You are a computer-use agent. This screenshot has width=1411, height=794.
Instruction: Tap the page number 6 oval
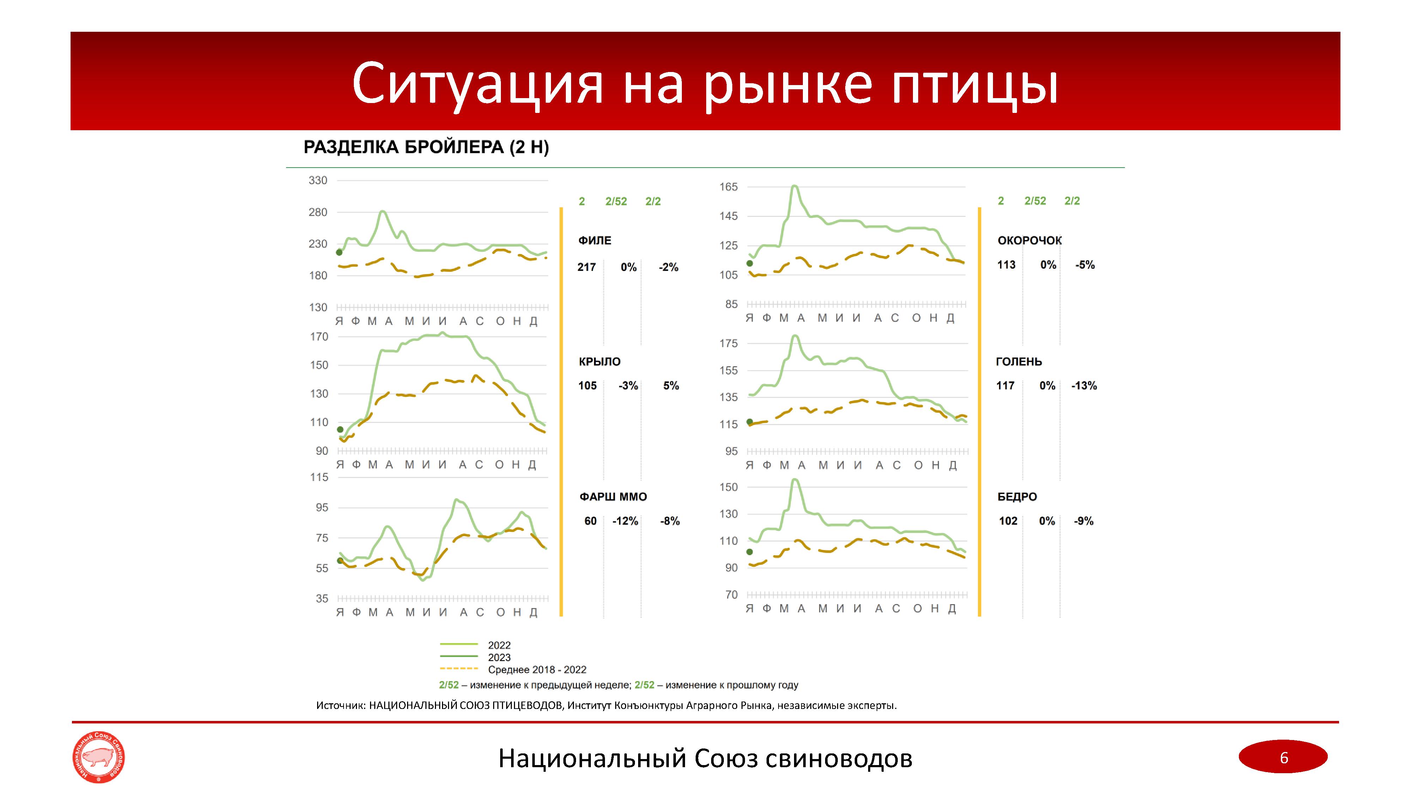tap(1283, 757)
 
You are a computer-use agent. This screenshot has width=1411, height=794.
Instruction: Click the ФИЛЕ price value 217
tap(586, 267)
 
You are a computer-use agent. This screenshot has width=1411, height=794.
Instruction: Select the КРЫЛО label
tap(599, 362)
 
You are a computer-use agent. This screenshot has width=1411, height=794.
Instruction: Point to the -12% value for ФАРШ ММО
tap(625, 521)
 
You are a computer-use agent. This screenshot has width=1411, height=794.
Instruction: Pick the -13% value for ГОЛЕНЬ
tap(1084, 386)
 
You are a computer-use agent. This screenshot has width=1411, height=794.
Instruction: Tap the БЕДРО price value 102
tap(1008, 521)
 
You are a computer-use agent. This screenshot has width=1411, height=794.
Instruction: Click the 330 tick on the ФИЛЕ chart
tap(318, 180)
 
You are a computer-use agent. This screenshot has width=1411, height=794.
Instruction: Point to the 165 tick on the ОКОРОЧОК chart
tap(728, 187)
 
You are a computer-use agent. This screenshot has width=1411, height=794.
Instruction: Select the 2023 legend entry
tap(499, 657)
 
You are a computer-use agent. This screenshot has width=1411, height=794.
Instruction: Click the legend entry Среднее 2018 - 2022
tap(537, 670)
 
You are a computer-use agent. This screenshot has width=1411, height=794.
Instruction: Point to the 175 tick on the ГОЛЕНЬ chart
tap(728, 344)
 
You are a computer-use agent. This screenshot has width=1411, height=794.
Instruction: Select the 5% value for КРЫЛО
tap(671, 386)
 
